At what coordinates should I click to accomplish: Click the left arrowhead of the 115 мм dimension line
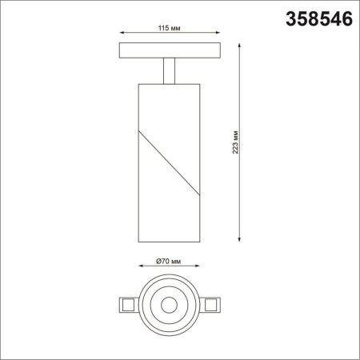(x=121, y=34)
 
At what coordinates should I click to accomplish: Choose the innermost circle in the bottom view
(x=169, y=304)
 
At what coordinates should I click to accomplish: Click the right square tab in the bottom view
(x=212, y=304)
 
